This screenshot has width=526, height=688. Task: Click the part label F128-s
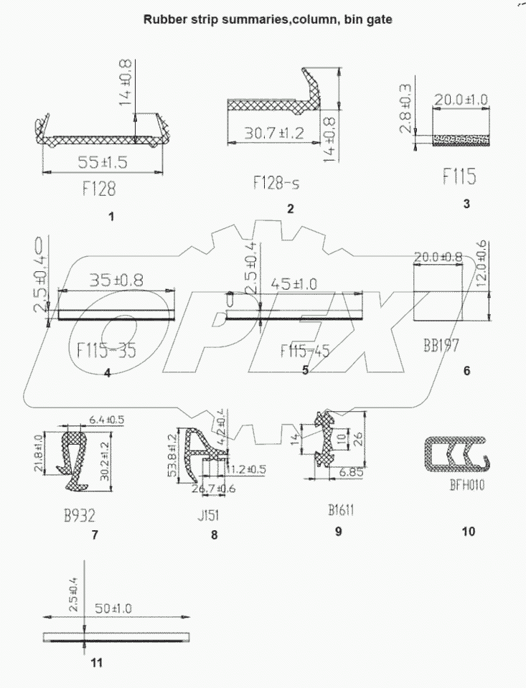click(276, 184)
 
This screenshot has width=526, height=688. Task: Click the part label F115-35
click(106, 351)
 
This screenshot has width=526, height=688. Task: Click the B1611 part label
click(342, 512)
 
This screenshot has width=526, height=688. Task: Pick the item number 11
click(96, 663)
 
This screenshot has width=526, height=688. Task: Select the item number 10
click(468, 532)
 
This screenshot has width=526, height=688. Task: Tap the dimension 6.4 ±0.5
click(106, 419)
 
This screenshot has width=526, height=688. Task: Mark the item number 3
click(466, 204)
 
